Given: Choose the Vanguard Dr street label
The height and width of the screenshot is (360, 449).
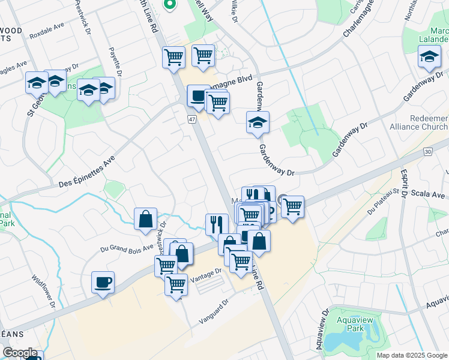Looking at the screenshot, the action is tap(215, 313).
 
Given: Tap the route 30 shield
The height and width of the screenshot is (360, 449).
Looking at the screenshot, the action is tap(427, 152).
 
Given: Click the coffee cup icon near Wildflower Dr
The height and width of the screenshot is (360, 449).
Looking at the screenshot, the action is tap(103, 281).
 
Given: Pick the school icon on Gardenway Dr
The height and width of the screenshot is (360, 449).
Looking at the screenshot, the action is tap(258, 122).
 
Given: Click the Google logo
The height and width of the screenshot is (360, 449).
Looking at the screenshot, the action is tap(20, 353).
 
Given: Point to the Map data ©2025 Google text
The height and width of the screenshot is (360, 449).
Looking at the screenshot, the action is tap(411, 355).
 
